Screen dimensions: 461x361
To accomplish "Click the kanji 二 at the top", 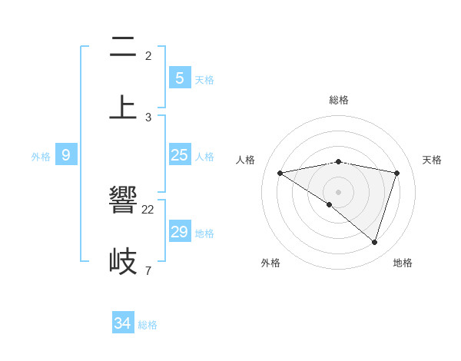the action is (x=123, y=48).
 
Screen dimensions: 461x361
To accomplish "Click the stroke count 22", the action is (x=148, y=209).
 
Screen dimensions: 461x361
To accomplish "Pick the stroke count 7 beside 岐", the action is (x=148, y=270).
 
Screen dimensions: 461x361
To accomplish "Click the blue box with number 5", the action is (x=180, y=78).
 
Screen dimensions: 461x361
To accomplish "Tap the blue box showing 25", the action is (x=180, y=155).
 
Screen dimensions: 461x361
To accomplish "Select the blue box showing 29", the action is (x=180, y=232).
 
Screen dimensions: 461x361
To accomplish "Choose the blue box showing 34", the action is (x=123, y=323).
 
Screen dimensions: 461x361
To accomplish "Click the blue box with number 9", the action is (x=66, y=155).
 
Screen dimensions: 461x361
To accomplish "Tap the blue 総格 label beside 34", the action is (x=148, y=325).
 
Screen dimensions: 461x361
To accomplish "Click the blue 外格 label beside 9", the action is (x=41, y=157).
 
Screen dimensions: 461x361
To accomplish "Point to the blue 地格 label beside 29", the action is (x=204, y=233).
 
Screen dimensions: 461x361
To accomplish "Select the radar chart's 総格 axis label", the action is (x=339, y=100).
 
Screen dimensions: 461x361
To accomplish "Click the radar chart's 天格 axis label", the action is (x=432, y=160).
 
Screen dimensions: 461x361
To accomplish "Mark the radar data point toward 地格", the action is (x=374, y=242).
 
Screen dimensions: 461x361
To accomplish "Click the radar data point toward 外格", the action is (x=330, y=204).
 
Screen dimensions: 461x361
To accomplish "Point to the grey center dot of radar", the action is (x=339, y=191).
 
